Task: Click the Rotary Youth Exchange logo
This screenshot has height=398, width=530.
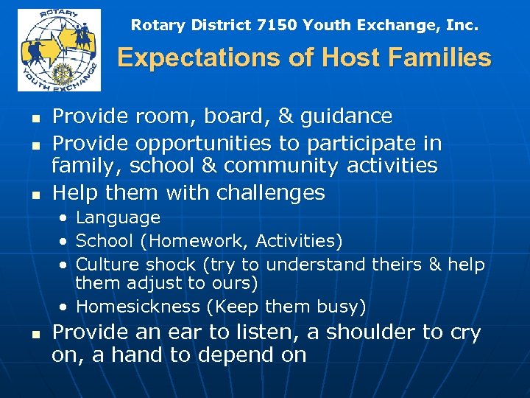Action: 59,50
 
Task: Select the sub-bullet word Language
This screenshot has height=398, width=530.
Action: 118,217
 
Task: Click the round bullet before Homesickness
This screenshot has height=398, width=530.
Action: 66,307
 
